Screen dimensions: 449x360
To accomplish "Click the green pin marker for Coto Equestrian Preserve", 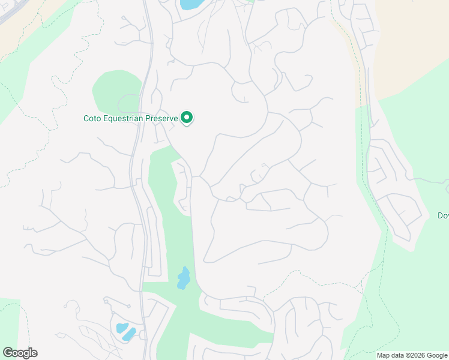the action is click(187, 118).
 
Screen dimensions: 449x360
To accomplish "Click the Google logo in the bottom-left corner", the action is click(20, 353).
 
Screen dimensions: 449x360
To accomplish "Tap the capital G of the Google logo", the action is click(7, 352).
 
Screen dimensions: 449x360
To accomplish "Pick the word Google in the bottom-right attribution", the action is click(437, 355).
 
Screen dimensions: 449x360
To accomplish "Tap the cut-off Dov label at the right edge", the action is click(443, 216).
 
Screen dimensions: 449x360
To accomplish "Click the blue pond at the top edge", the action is click(191, 4).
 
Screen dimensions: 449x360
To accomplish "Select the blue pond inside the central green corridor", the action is click(183, 278).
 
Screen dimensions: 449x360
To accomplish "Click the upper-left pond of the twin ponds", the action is click(122, 328).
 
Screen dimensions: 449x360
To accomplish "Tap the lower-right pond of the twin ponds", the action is click(130, 334).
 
